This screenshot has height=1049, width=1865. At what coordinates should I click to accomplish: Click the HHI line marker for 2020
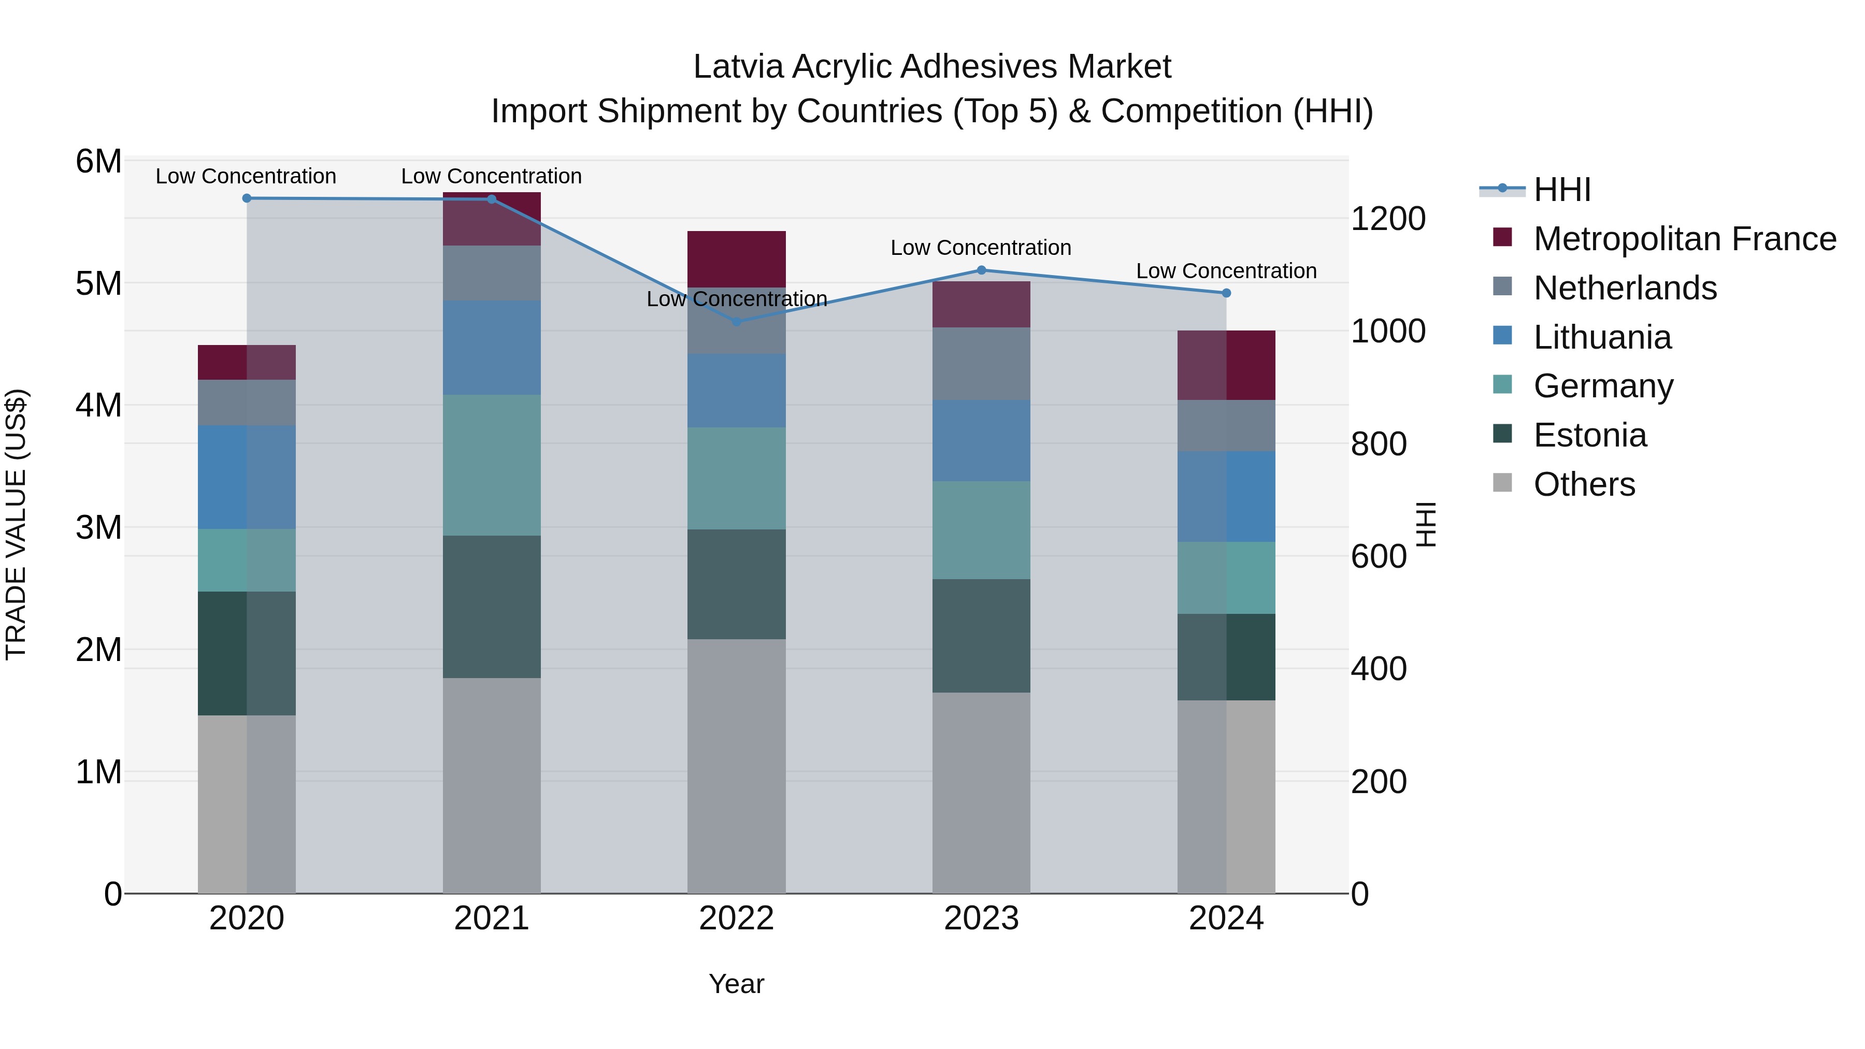(x=247, y=198)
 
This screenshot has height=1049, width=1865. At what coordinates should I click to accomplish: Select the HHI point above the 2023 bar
(x=981, y=270)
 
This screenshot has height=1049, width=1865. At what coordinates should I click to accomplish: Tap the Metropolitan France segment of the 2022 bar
(x=736, y=258)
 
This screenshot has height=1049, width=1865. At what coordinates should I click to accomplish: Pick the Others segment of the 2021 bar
(x=492, y=785)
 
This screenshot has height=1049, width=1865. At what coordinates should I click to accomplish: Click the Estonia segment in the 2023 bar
(x=981, y=635)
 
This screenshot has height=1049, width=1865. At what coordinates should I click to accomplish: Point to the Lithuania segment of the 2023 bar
(x=981, y=440)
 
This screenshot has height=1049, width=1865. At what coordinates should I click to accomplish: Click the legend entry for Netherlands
(x=1625, y=288)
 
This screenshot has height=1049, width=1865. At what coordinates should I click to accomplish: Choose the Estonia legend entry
(x=1590, y=435)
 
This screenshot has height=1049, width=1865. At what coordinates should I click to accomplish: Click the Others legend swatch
(x=1502, y=483)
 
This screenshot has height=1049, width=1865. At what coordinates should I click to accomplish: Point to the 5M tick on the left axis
(x=98, y=283)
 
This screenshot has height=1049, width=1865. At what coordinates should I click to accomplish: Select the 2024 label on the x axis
(x=1226, y=918)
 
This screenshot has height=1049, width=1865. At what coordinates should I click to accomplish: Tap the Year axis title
(x=736, y=984)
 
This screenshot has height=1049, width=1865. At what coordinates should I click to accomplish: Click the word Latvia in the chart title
(x=738, y=67)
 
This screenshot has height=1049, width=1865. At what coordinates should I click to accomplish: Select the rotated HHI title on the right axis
(x=1425, y=524)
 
